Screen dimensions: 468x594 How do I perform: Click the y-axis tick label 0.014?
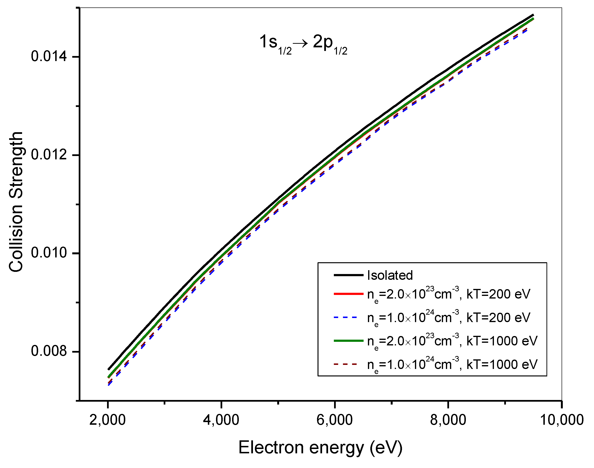coord(49,56)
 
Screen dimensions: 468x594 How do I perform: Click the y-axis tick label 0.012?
coord(49,155)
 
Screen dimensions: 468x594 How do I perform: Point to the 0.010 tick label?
coord(49,253)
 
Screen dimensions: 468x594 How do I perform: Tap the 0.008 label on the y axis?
coord(49,351)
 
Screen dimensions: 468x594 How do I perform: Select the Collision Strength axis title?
coord(16,202)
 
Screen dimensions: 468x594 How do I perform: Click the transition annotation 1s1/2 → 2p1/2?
coord(303,44)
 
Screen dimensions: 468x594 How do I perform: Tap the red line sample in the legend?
coord(348,294)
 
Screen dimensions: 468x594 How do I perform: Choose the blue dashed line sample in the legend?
coord(346,318)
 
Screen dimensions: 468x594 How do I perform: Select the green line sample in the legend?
coord(348,341)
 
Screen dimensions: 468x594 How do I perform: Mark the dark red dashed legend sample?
coord(346,364)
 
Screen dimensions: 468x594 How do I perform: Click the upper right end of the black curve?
coord(533,15)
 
